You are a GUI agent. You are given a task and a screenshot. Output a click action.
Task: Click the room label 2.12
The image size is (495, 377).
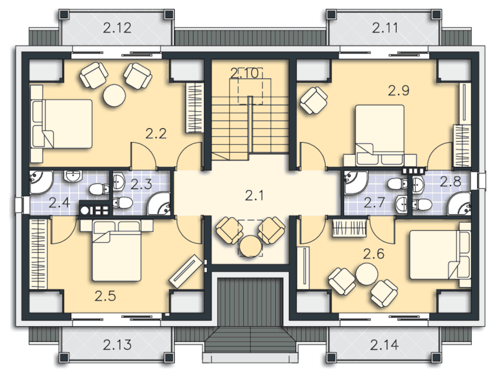117,28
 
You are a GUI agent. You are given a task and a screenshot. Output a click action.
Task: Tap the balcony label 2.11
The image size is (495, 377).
384,28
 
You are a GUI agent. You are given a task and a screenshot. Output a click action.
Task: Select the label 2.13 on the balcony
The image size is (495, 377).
117,344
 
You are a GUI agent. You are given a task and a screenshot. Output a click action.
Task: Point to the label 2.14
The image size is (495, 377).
384,344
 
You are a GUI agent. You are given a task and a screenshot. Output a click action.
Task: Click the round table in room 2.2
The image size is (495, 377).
114,95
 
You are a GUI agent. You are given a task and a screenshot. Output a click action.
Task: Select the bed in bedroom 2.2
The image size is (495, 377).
61,124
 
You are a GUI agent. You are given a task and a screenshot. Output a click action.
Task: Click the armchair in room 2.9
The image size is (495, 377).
314,100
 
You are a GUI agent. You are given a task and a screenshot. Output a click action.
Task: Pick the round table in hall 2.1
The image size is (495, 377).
251,246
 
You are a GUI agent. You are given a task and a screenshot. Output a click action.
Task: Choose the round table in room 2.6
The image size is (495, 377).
367,274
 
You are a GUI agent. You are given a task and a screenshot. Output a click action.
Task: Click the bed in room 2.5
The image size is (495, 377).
116,251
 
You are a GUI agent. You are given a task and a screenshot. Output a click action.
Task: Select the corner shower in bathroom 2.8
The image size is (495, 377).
459,203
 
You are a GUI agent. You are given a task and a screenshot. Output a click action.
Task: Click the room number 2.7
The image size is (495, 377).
374,202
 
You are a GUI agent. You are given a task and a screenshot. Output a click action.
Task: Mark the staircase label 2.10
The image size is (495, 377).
245,73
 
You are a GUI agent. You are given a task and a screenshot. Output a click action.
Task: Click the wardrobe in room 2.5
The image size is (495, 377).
38,254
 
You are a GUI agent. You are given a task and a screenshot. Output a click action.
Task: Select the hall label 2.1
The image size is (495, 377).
254,196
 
